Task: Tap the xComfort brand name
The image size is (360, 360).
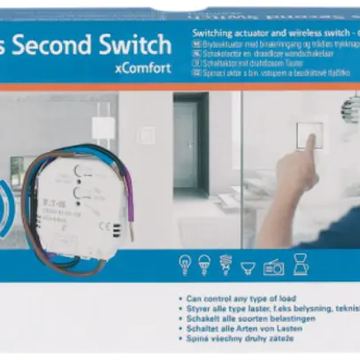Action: (142, 68)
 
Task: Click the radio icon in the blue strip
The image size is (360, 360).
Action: (273, 265)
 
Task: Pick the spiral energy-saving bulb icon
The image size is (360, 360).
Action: (226, 264)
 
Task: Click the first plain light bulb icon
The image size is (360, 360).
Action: (186, 264)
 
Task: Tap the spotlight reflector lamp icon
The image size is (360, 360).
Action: (249, 264)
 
